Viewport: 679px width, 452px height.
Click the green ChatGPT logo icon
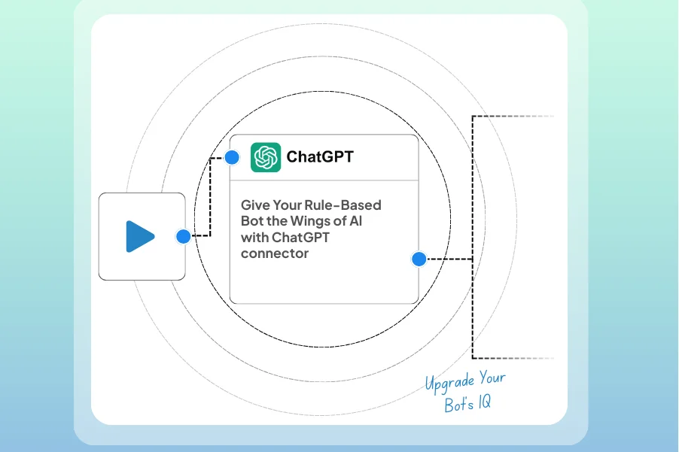tap(266, 157)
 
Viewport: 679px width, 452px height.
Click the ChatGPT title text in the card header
tap(320, 157)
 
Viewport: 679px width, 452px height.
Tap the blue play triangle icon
tap(140, 236)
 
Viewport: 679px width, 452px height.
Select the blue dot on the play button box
tap(183, 236)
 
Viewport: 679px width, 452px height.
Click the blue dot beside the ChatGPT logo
tap(232, 157)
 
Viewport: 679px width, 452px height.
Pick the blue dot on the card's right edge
tap(419, 259)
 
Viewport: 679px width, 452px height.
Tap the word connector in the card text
tap(275, 253)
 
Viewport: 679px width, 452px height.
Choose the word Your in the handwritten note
tap(492, 378)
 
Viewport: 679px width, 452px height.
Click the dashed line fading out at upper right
tap(519, 117)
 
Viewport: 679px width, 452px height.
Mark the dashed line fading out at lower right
tap(519, 357)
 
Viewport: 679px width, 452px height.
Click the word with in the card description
tap(254, 238)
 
